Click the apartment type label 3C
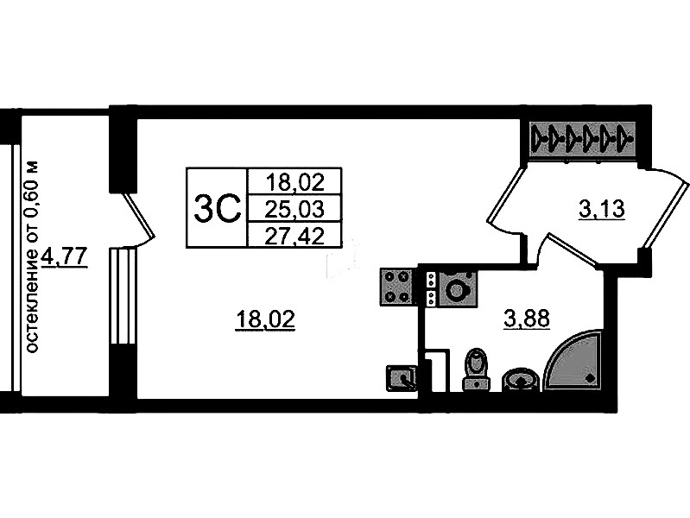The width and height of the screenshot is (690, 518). [x=218, y=209]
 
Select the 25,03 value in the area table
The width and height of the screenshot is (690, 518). [x=294, y=209]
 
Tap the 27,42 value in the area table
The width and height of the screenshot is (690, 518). [x=294, y=237]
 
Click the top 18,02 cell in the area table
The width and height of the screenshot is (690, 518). [x=294, y=182]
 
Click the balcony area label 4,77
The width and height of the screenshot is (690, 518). [x=65, y=256]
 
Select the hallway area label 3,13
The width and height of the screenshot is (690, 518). [x=602, y=209]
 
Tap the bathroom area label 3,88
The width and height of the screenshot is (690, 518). [x=527, y=319]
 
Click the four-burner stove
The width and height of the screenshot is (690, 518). [x=396, y=287]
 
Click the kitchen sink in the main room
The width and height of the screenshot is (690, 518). [x=402, y=378]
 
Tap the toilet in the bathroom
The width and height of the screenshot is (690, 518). [x=476, y=370]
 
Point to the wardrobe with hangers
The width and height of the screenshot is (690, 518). [x=583, y=138]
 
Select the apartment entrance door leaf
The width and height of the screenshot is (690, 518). [x=664, y=210]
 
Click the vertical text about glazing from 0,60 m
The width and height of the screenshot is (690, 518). [x=32, y=256]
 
